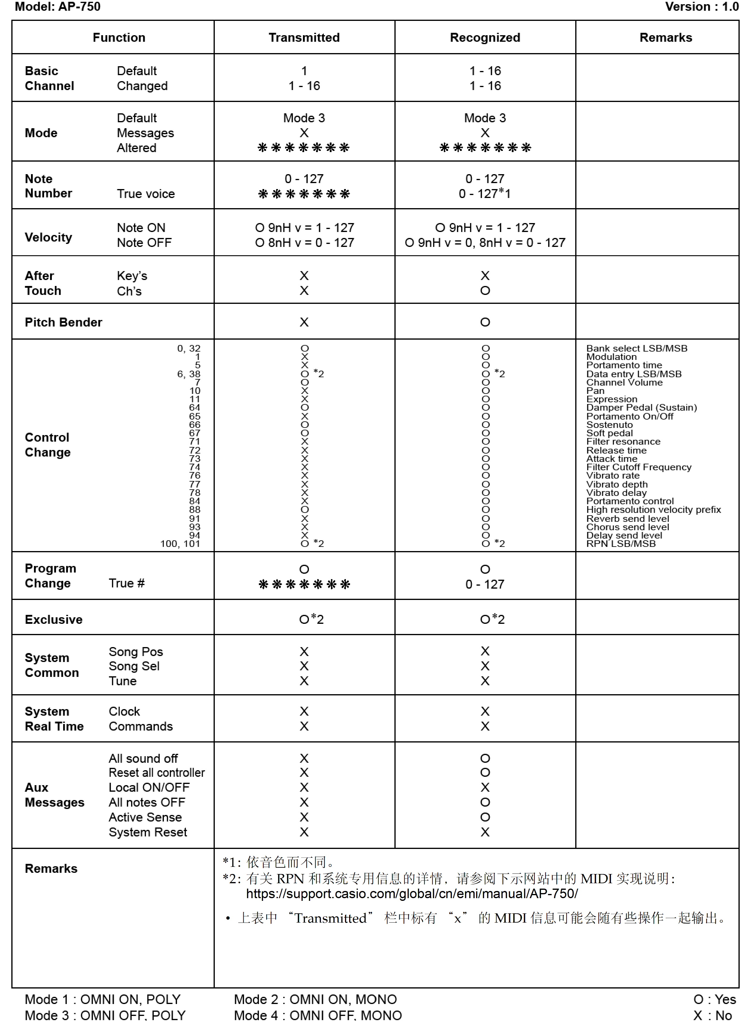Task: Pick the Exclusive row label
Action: point(54,619)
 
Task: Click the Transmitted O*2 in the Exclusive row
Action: point(311,619)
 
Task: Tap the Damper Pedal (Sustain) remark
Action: point(641,407)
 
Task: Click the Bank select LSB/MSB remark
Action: point(636,349)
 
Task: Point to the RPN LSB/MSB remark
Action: point(621,543)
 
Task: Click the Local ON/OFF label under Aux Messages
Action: point(149,787)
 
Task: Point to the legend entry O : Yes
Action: point(714,999)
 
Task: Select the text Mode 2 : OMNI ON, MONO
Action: point(315,999)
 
